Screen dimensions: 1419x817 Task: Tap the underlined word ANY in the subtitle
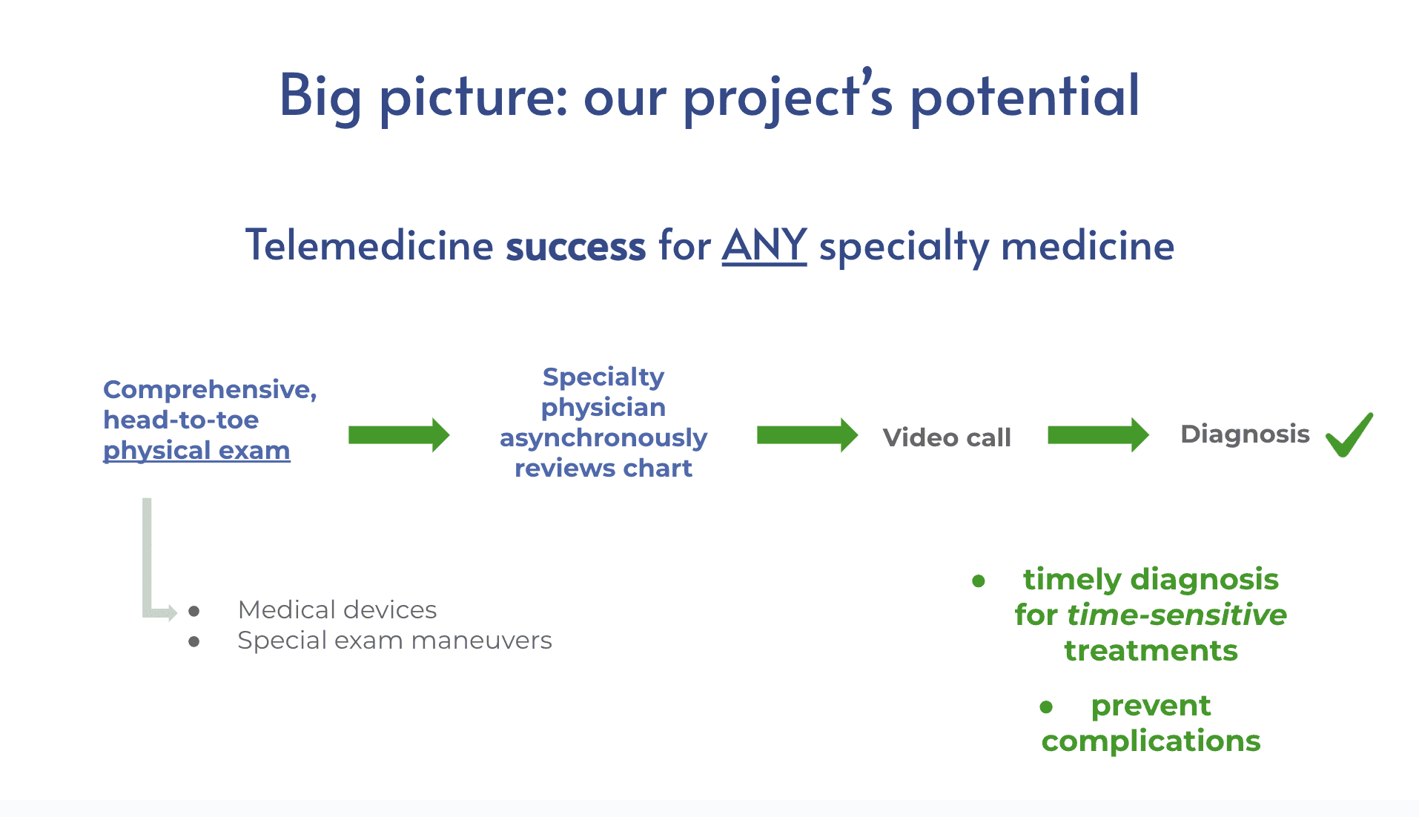click(764, 245)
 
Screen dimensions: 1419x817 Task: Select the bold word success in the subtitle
click(576, 247)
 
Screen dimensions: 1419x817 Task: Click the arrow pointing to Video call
click(807, 435)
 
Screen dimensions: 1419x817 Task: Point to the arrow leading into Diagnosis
click(1098, 435)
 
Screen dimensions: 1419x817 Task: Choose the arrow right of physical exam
click(399, 435)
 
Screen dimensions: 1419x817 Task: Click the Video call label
click(947, 437)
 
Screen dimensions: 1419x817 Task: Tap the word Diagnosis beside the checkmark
click(1245, 434)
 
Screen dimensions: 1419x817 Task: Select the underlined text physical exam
click(196, 451)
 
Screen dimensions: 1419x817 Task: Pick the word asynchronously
click(603, 438)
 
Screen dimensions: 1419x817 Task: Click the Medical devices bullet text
click(337, 609)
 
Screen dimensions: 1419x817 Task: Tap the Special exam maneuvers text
click(394, 641)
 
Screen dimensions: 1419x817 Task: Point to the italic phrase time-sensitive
click(1177, 615)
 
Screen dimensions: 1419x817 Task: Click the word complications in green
click(1151, 741)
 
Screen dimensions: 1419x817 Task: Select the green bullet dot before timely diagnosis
click(979, 581)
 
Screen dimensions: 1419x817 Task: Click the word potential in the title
click(1025, 97)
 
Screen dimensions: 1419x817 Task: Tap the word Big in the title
click(320, 97)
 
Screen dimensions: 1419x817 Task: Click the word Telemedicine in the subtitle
click(369, 245)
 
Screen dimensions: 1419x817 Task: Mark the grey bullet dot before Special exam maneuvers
click(194, 642)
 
